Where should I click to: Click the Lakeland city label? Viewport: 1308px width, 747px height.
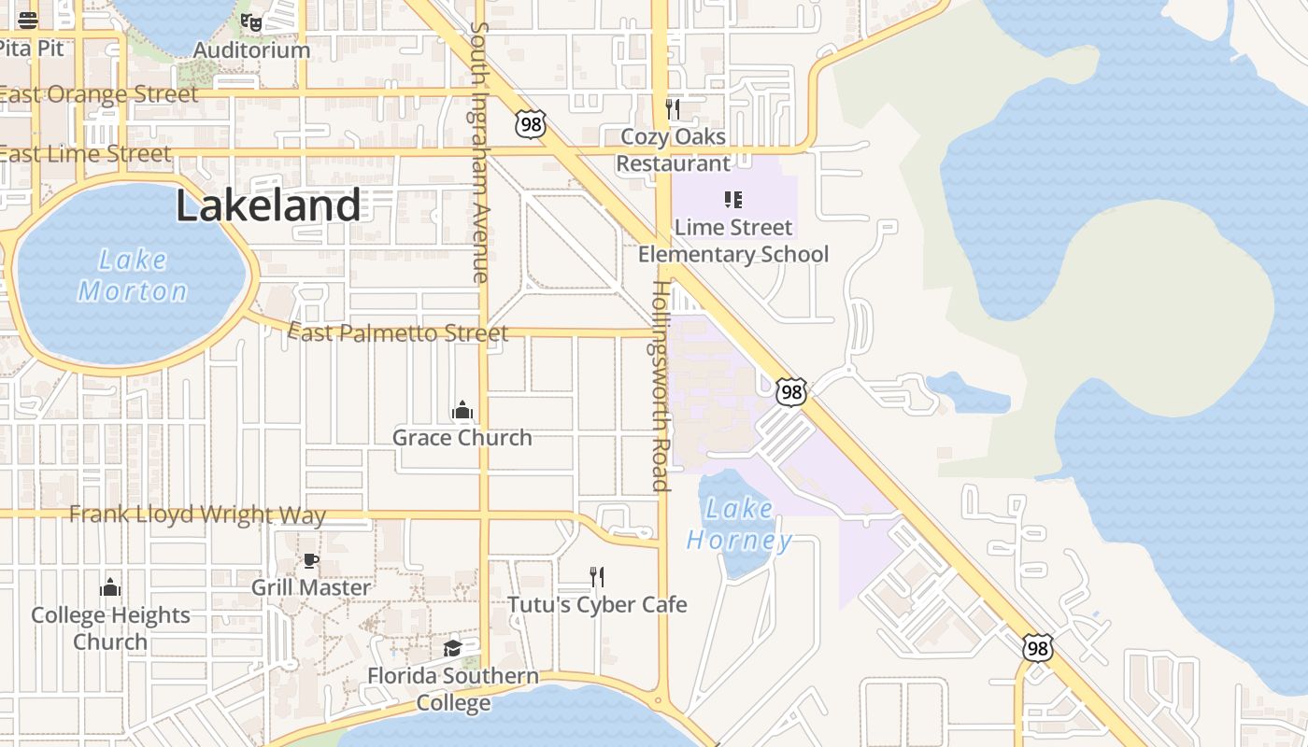pos(268,205)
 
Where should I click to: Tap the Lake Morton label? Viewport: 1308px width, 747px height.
pos(133,275)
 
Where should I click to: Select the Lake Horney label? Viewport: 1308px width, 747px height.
pos(740,524)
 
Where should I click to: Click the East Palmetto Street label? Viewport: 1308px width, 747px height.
pos(398,332)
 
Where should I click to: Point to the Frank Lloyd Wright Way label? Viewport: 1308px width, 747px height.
pos(198,514)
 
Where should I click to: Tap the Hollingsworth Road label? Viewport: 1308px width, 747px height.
pos(661,385)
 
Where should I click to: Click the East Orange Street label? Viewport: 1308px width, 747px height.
pos(99,94)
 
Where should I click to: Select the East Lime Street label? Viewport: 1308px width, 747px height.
pos(86,153)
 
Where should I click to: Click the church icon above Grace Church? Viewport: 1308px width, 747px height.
pos(462,410)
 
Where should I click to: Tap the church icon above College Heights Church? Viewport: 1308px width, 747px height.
pos(110,587)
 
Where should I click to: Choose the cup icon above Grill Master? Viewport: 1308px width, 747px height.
pos(311,560)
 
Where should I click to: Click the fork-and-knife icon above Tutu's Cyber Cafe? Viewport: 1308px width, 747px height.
pos(597,577)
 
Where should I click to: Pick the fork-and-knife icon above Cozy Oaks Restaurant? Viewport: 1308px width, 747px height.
pos(673,109)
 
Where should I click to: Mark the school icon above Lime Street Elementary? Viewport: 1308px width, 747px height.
pos(733,199)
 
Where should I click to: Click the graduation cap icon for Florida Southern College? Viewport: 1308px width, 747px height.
pos(453,648)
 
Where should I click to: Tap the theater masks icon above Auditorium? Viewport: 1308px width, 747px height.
pos(250,21)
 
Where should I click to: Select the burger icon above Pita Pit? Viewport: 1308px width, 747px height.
pos(28,21)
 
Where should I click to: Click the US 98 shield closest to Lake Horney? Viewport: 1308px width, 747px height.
pos(791,392)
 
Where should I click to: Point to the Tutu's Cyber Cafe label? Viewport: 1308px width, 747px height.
pos(597,604)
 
